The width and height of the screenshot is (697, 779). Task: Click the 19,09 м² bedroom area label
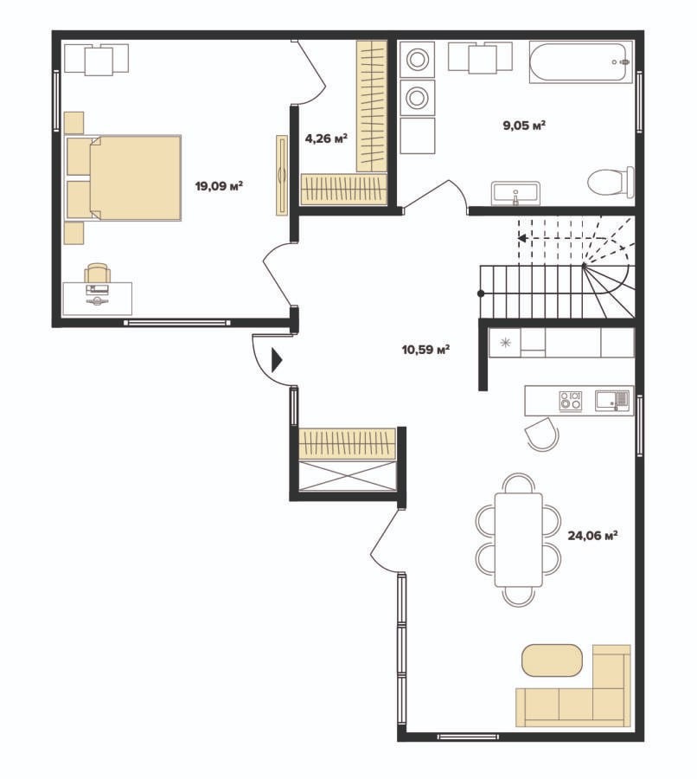(x=219, y=186)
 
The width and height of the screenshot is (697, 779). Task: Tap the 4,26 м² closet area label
(x=326, y=138)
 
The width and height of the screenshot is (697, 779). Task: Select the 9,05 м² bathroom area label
(x=524, y=125)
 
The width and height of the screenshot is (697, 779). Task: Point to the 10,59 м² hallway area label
(x=425, y=350)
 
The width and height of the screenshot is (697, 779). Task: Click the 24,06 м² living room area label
(x=592, y=536)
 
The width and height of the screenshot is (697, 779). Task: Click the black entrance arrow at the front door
(x=277, y=360)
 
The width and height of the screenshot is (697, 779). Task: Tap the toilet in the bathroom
(x=611, y=182)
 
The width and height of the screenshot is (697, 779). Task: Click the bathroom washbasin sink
(x=515, y=193)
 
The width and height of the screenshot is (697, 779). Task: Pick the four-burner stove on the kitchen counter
(x=571, y=401)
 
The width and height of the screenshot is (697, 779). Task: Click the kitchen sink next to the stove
(x=612, y=401)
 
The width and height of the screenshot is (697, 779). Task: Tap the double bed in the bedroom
(x=123, y=177)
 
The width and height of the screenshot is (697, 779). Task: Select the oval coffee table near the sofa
(x=552, y=660)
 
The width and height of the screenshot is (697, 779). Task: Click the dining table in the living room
(x=518, y=539)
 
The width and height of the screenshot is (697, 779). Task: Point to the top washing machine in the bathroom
(x=417, y=59)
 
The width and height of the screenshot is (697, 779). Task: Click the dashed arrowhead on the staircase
(x=522, y=239)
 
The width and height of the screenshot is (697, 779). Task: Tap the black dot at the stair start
(x=481, y=293)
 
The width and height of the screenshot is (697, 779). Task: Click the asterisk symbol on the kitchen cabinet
(x=505, y=342)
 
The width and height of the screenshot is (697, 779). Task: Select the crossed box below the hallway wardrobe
(x=347, y=475)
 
